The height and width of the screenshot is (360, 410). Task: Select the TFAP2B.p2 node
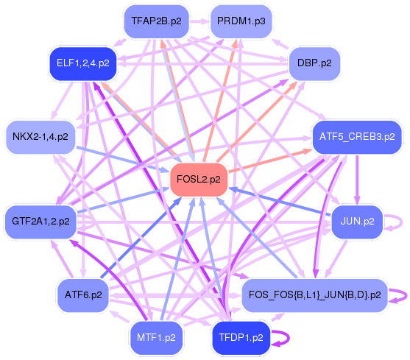click(x=155, y=21)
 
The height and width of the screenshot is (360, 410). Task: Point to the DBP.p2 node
click(x=314, y=63)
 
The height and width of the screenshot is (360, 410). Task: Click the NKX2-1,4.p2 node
click(x=40, y=137)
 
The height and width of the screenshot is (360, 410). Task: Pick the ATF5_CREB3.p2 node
click(x=356, y=137)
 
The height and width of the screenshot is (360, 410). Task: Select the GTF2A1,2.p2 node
click(x=40, y=220)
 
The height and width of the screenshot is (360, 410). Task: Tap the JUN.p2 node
click(x=356, y=220)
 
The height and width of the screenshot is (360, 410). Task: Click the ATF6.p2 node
click(x=82, y=295)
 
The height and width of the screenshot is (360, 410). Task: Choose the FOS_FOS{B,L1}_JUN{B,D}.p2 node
click(x=314, y=295)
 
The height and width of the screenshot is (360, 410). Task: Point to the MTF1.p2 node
click(x=155, y=338)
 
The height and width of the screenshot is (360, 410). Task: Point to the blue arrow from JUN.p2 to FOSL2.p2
click(x=280, y=201)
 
